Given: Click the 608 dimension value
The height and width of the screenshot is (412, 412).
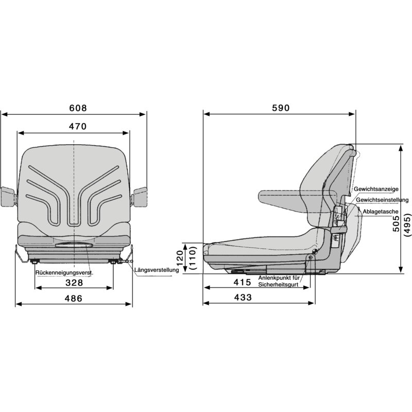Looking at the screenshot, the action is click(78, 108).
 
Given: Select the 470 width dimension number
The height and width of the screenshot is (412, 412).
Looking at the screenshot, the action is click(78, 127).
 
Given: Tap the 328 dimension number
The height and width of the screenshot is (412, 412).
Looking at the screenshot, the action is click(74, 283).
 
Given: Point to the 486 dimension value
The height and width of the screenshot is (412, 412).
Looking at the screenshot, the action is click(74, 299).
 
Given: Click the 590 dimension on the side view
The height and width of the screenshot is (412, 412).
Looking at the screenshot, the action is click(281, 108).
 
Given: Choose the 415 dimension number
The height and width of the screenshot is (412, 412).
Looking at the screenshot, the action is click(243, 282).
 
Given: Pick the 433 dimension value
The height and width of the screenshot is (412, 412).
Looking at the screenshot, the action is click(243, 298).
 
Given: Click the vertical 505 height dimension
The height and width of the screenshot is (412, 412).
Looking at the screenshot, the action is click(396, 224).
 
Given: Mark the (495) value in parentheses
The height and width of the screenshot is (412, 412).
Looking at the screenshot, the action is click(407, 225).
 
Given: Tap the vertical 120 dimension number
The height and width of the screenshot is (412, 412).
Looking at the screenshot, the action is click(180, 259).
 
